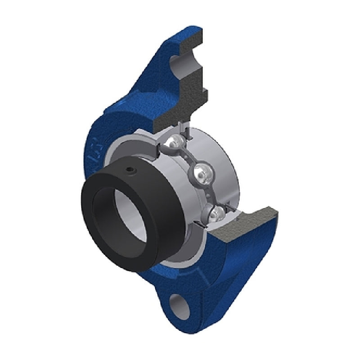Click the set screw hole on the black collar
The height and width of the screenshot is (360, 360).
pos(130,170)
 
